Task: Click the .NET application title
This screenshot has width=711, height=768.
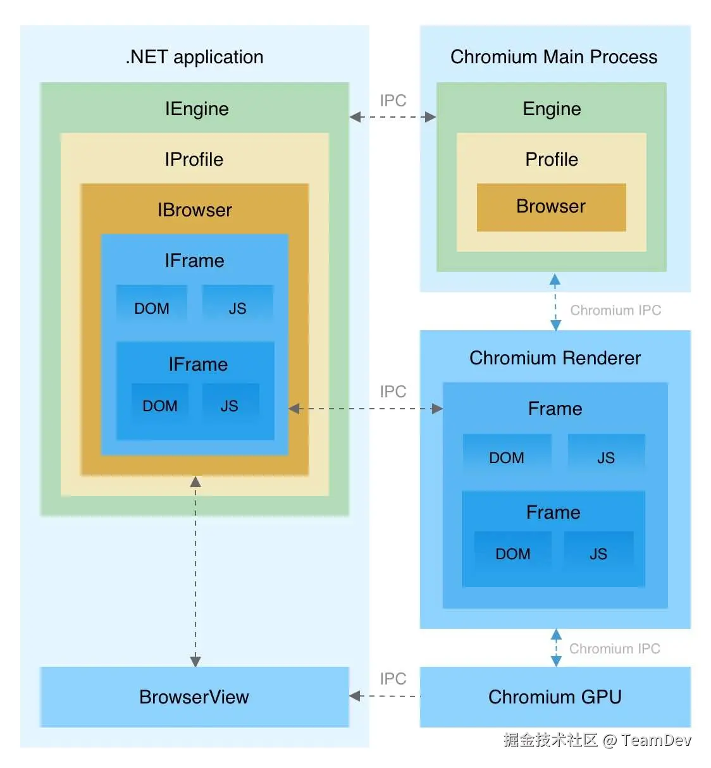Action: coord(194,57)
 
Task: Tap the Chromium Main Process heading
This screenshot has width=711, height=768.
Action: coord(553,57)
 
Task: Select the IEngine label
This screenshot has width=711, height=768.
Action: coord(197,109)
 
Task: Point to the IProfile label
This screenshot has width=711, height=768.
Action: coord(194,159)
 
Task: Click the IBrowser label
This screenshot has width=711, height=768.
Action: coord(194,210)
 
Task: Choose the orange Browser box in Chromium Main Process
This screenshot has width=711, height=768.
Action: coord(551,207)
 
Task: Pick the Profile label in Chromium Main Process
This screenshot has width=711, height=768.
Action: coord(552,159)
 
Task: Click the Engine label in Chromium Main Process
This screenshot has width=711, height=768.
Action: coord(552,109)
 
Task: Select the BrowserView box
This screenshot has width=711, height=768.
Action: coord(194,697)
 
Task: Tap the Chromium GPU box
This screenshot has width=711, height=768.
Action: coord(555,697)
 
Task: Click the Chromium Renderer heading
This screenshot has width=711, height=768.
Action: coord(555,358)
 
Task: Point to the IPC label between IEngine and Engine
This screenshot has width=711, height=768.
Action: coord(393,101)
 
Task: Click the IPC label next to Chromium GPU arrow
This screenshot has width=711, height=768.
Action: coord(393,679)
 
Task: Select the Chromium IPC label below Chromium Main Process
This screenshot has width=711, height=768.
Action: coord(615,311)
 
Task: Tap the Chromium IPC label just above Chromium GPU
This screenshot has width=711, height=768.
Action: coord(614,649)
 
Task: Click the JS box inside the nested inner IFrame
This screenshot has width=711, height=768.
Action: coord(230,406)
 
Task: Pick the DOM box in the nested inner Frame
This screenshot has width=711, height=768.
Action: coord(512,554)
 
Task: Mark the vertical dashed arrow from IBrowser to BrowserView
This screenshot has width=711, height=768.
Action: coord(195,569)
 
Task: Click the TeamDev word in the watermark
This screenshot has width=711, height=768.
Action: coord(656,740)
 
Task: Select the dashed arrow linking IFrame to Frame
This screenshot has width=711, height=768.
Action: coord(365,409)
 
